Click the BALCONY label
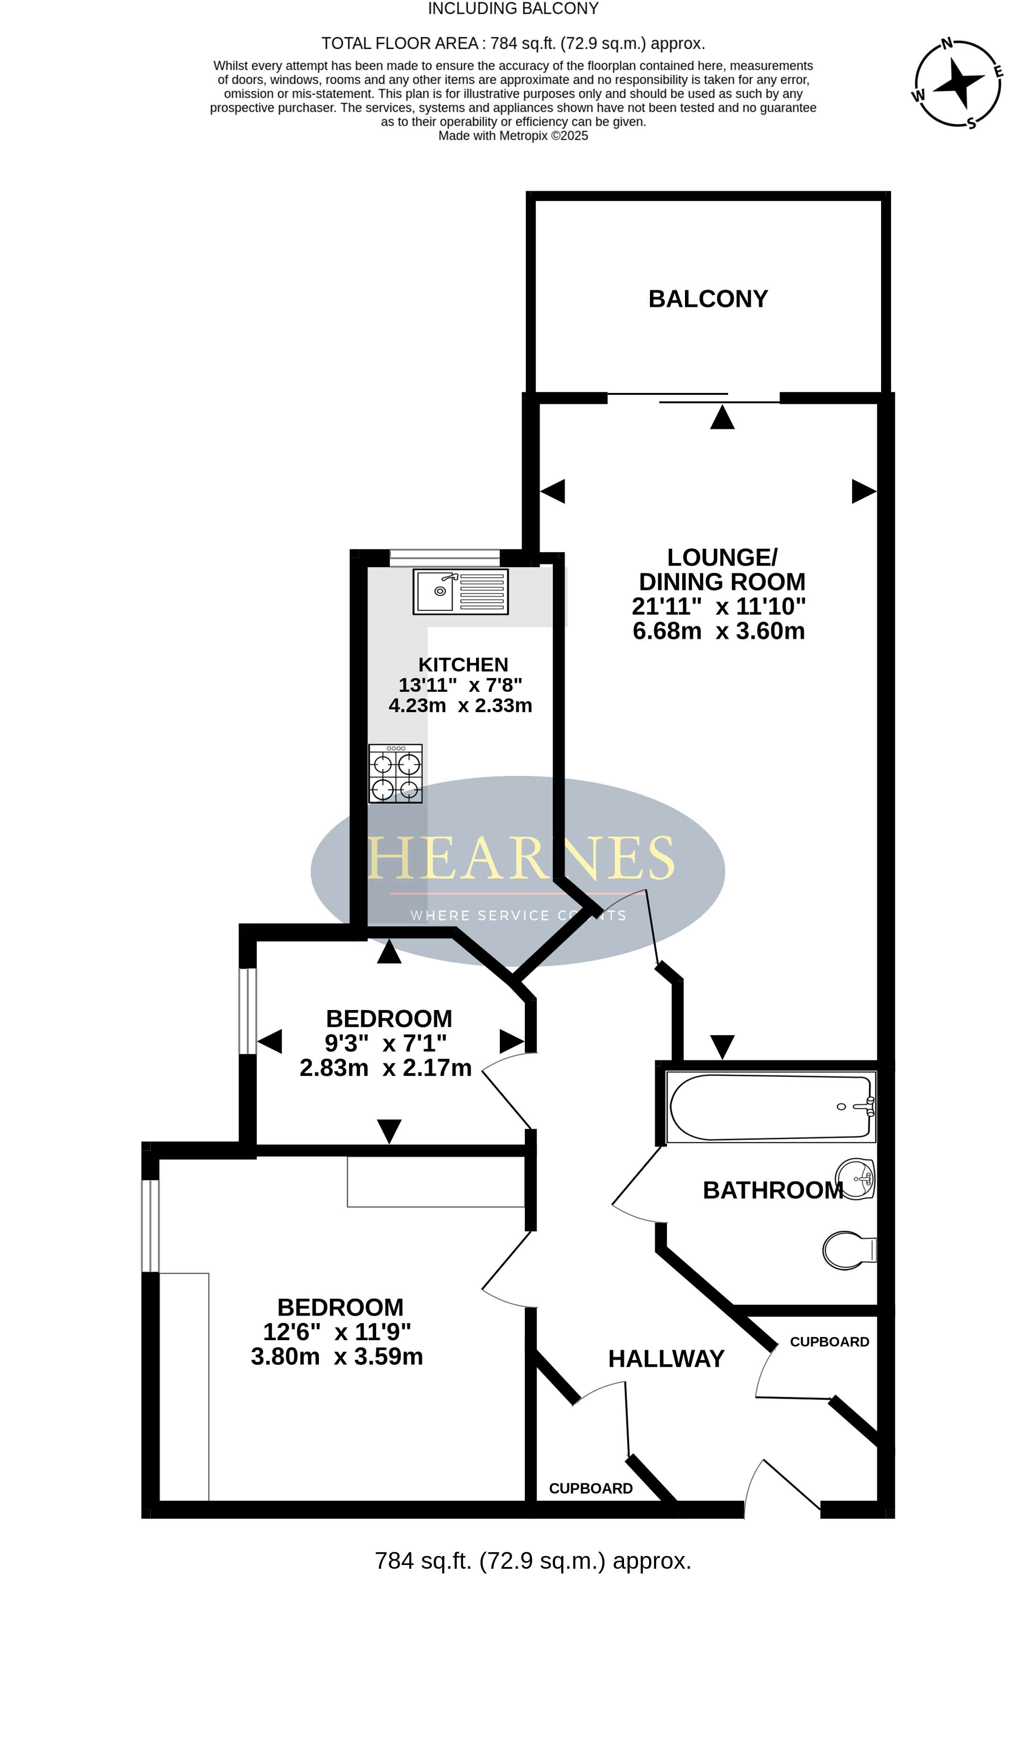click(708, 298)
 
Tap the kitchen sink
click(461, 592)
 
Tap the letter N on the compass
click(947, 44)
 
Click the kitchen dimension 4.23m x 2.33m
click(461, 706)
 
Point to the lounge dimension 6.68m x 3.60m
click(719, 631)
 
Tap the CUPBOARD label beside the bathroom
click(830, 1342)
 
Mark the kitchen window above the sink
click(445, 558)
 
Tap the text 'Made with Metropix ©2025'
click(513, 136)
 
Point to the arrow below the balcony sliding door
click(722, 417)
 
